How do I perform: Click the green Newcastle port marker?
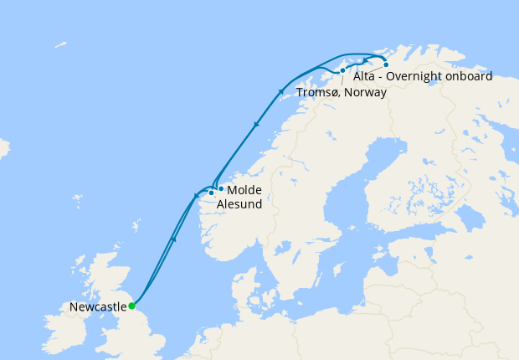pos(131,306)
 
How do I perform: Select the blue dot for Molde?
pos(220,189)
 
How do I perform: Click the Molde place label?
pos(244,190)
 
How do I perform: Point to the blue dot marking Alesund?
pos(211,193)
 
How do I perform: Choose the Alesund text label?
pos(239,203)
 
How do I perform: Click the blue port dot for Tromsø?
pos(343,70)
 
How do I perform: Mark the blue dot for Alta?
pos(386,64)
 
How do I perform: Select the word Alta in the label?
pos(364,76)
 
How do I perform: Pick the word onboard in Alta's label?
pos(469,76)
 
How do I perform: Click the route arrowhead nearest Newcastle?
pos(173,239)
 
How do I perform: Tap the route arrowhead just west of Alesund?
pos(197,197)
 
